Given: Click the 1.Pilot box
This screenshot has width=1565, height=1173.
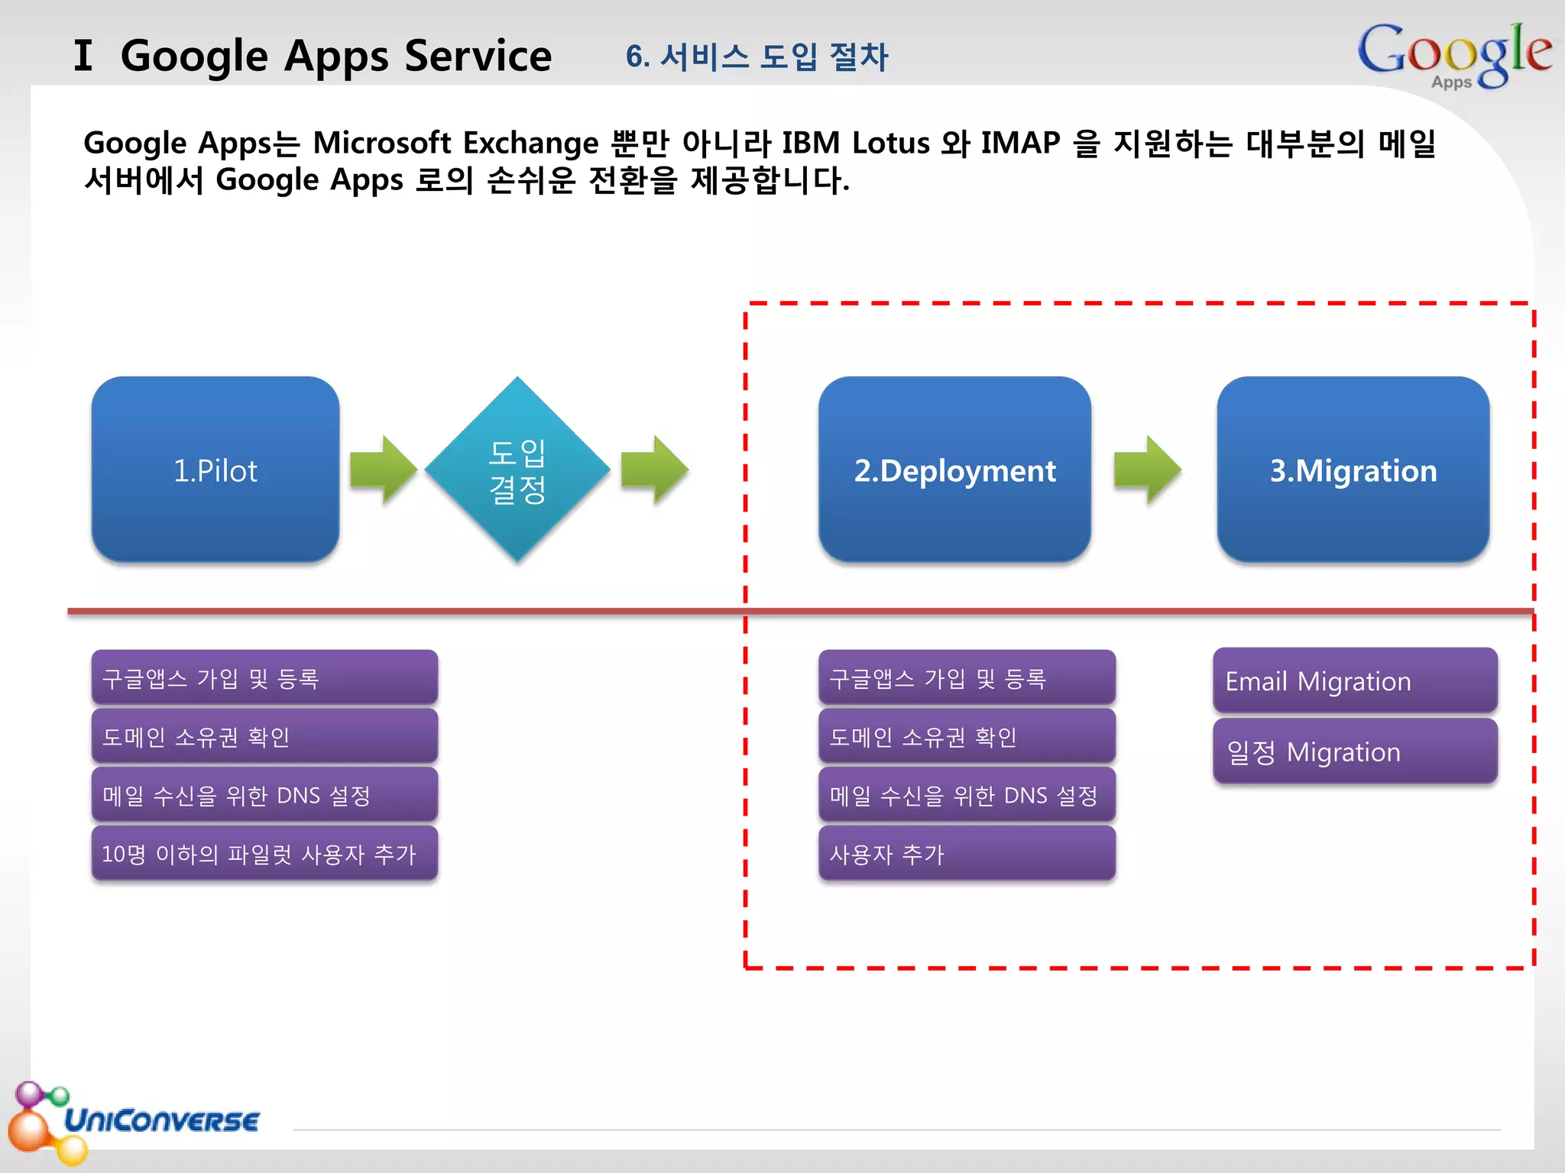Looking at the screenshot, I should point(215,470).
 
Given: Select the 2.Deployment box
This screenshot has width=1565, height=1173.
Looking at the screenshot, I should point(954,470).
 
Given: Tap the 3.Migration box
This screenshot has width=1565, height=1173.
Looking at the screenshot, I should point(1353,470).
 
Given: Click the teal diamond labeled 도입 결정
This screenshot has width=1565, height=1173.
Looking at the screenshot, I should point(517,470).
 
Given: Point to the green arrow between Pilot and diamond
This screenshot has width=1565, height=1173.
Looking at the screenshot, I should point(383,470).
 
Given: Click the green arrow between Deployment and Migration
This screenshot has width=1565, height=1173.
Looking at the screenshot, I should point(1147,470).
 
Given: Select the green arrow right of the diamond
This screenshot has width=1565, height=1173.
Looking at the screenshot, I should point(654,470).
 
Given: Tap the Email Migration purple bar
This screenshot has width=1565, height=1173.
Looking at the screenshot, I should point(1354,680).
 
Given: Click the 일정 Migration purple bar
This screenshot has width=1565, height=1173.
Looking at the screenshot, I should point(1354,751).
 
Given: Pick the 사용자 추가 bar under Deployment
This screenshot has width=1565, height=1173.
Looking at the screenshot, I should point(966,853).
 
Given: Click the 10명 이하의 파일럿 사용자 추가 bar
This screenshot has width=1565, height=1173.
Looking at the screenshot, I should point(264,853).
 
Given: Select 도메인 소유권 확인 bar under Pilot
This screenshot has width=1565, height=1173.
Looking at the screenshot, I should point(264,736).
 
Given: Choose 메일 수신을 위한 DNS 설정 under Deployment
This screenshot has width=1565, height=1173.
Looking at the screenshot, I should point(966,795).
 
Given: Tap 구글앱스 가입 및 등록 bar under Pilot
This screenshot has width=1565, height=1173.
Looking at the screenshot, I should point(264,677).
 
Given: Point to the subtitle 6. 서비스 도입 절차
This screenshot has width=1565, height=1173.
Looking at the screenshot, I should point(757,57).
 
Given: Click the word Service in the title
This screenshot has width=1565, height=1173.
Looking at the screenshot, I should point(478,57).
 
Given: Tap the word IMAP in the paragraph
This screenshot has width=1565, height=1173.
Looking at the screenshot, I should point(1020,143).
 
